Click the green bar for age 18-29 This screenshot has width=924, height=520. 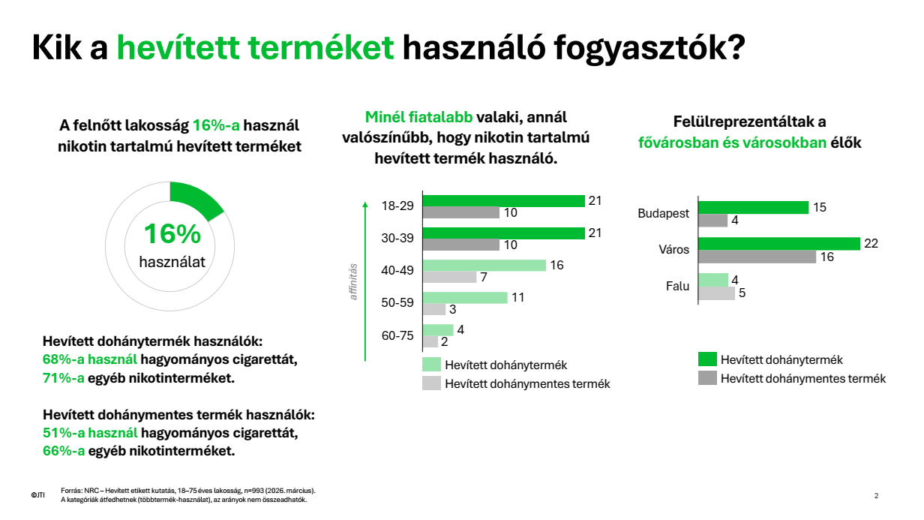click(503, 200)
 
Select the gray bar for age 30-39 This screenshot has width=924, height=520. click(460, 245)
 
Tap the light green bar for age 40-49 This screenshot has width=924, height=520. click(484, 265)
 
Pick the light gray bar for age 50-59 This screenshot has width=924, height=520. click(434, 309)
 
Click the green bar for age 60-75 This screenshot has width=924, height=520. click(438, 329)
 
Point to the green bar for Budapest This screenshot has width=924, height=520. click(753, 207)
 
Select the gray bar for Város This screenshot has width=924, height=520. click(757, 257)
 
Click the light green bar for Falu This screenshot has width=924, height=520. click(712, 280)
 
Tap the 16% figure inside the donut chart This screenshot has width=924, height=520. click(172, 234)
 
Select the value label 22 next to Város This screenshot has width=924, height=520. click(871, 244)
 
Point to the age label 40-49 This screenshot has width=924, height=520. click(397, 271)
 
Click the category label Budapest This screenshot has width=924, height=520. click(663, 214)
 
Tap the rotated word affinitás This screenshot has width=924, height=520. click(353, 281)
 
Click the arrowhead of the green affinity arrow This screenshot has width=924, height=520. click(364, 203)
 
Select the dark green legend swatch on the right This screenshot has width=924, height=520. click(707, 359)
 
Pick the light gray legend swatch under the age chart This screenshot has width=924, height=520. click(431, 383)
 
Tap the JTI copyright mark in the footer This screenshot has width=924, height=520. click(37, 495)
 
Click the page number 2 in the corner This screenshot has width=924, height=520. click(876, 495)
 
